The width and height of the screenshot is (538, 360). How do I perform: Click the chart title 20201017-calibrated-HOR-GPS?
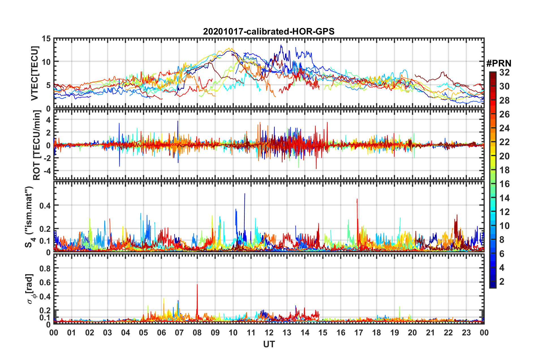point(269,31)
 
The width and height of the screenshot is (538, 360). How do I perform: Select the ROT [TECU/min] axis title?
point(37,145)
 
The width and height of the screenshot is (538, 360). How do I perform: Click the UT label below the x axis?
point(269,344)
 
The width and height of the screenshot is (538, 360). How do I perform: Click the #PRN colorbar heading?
point(499,63)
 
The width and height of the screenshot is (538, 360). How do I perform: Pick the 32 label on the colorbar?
point(504,72)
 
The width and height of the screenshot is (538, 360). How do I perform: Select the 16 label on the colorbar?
point(504,184)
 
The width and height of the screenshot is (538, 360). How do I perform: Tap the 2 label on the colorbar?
point(502,281)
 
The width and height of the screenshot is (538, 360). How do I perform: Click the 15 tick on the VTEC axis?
point(46,39)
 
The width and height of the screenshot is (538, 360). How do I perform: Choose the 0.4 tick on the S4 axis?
point(45,205)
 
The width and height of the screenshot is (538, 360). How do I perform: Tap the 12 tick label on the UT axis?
point(269,333)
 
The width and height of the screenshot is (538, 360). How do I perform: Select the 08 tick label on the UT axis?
point(197,333)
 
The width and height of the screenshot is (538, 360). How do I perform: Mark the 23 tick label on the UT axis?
point(466,333)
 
